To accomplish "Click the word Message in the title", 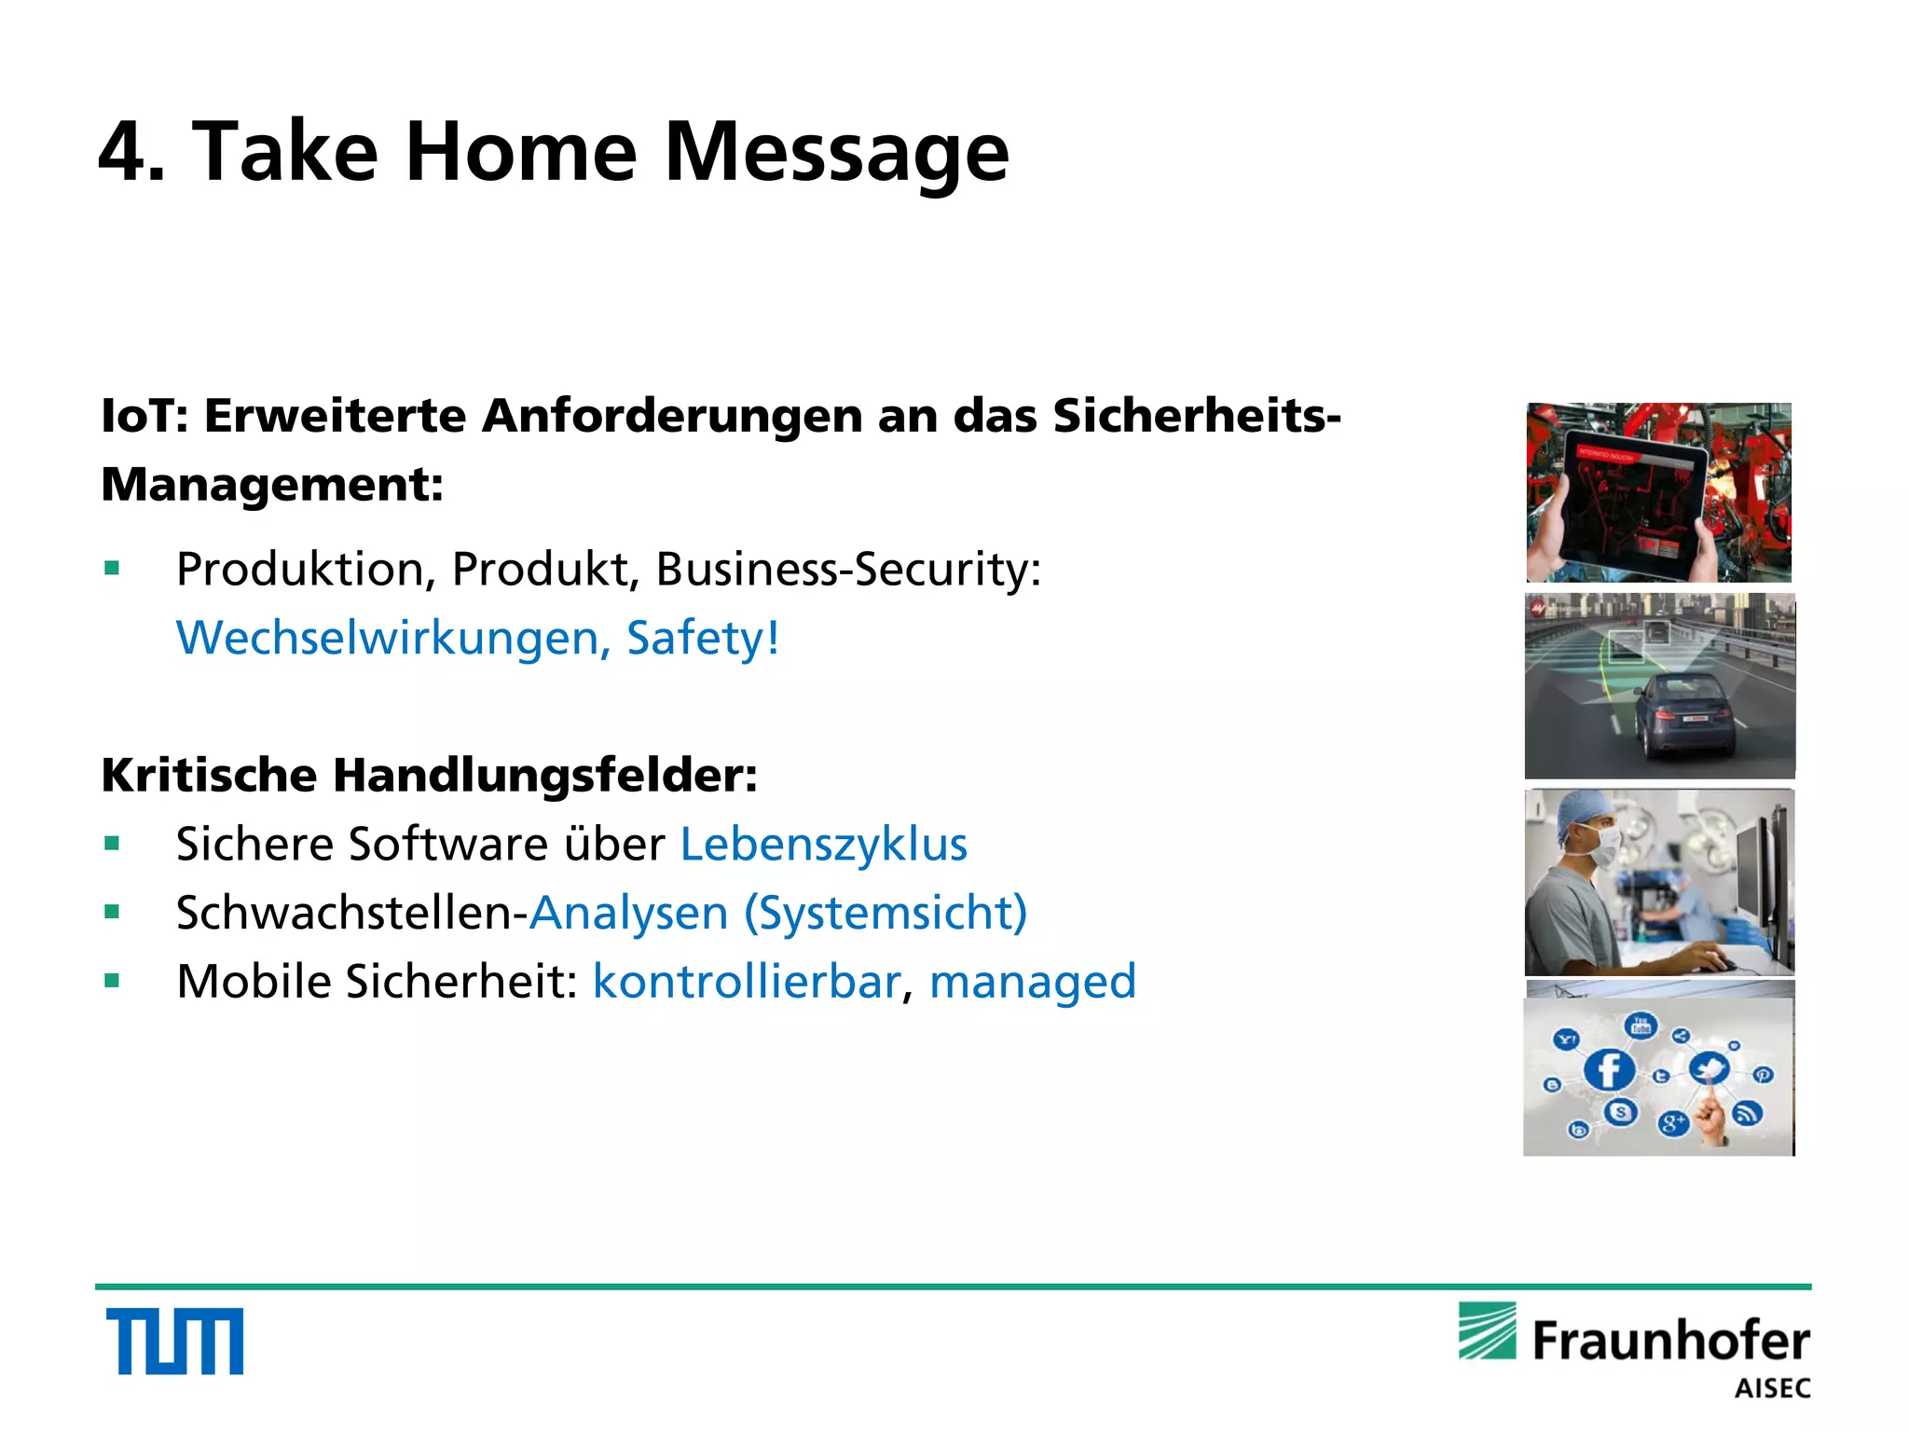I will click(x=836, y=152).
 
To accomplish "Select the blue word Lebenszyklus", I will click(x=824, y=845).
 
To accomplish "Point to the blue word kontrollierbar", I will click(x=747, y=982).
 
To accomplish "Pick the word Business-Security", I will click(x=847, y=569).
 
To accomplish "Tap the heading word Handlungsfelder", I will click(x=544, y=775).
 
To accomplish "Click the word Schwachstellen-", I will click(x=352, y=913).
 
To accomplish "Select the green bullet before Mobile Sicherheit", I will click(x=113, y=981).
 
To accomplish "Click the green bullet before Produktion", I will click(x=113, y=568).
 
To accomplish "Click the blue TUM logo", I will click(x=174, y=1341).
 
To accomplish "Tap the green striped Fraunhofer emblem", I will click(x=1488, y=1331).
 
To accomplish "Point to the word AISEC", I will click(x=1772, y=1389).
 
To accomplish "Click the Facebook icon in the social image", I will click(x=1609, y=1069).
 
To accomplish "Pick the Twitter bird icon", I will click(x=1709, y=1067).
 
